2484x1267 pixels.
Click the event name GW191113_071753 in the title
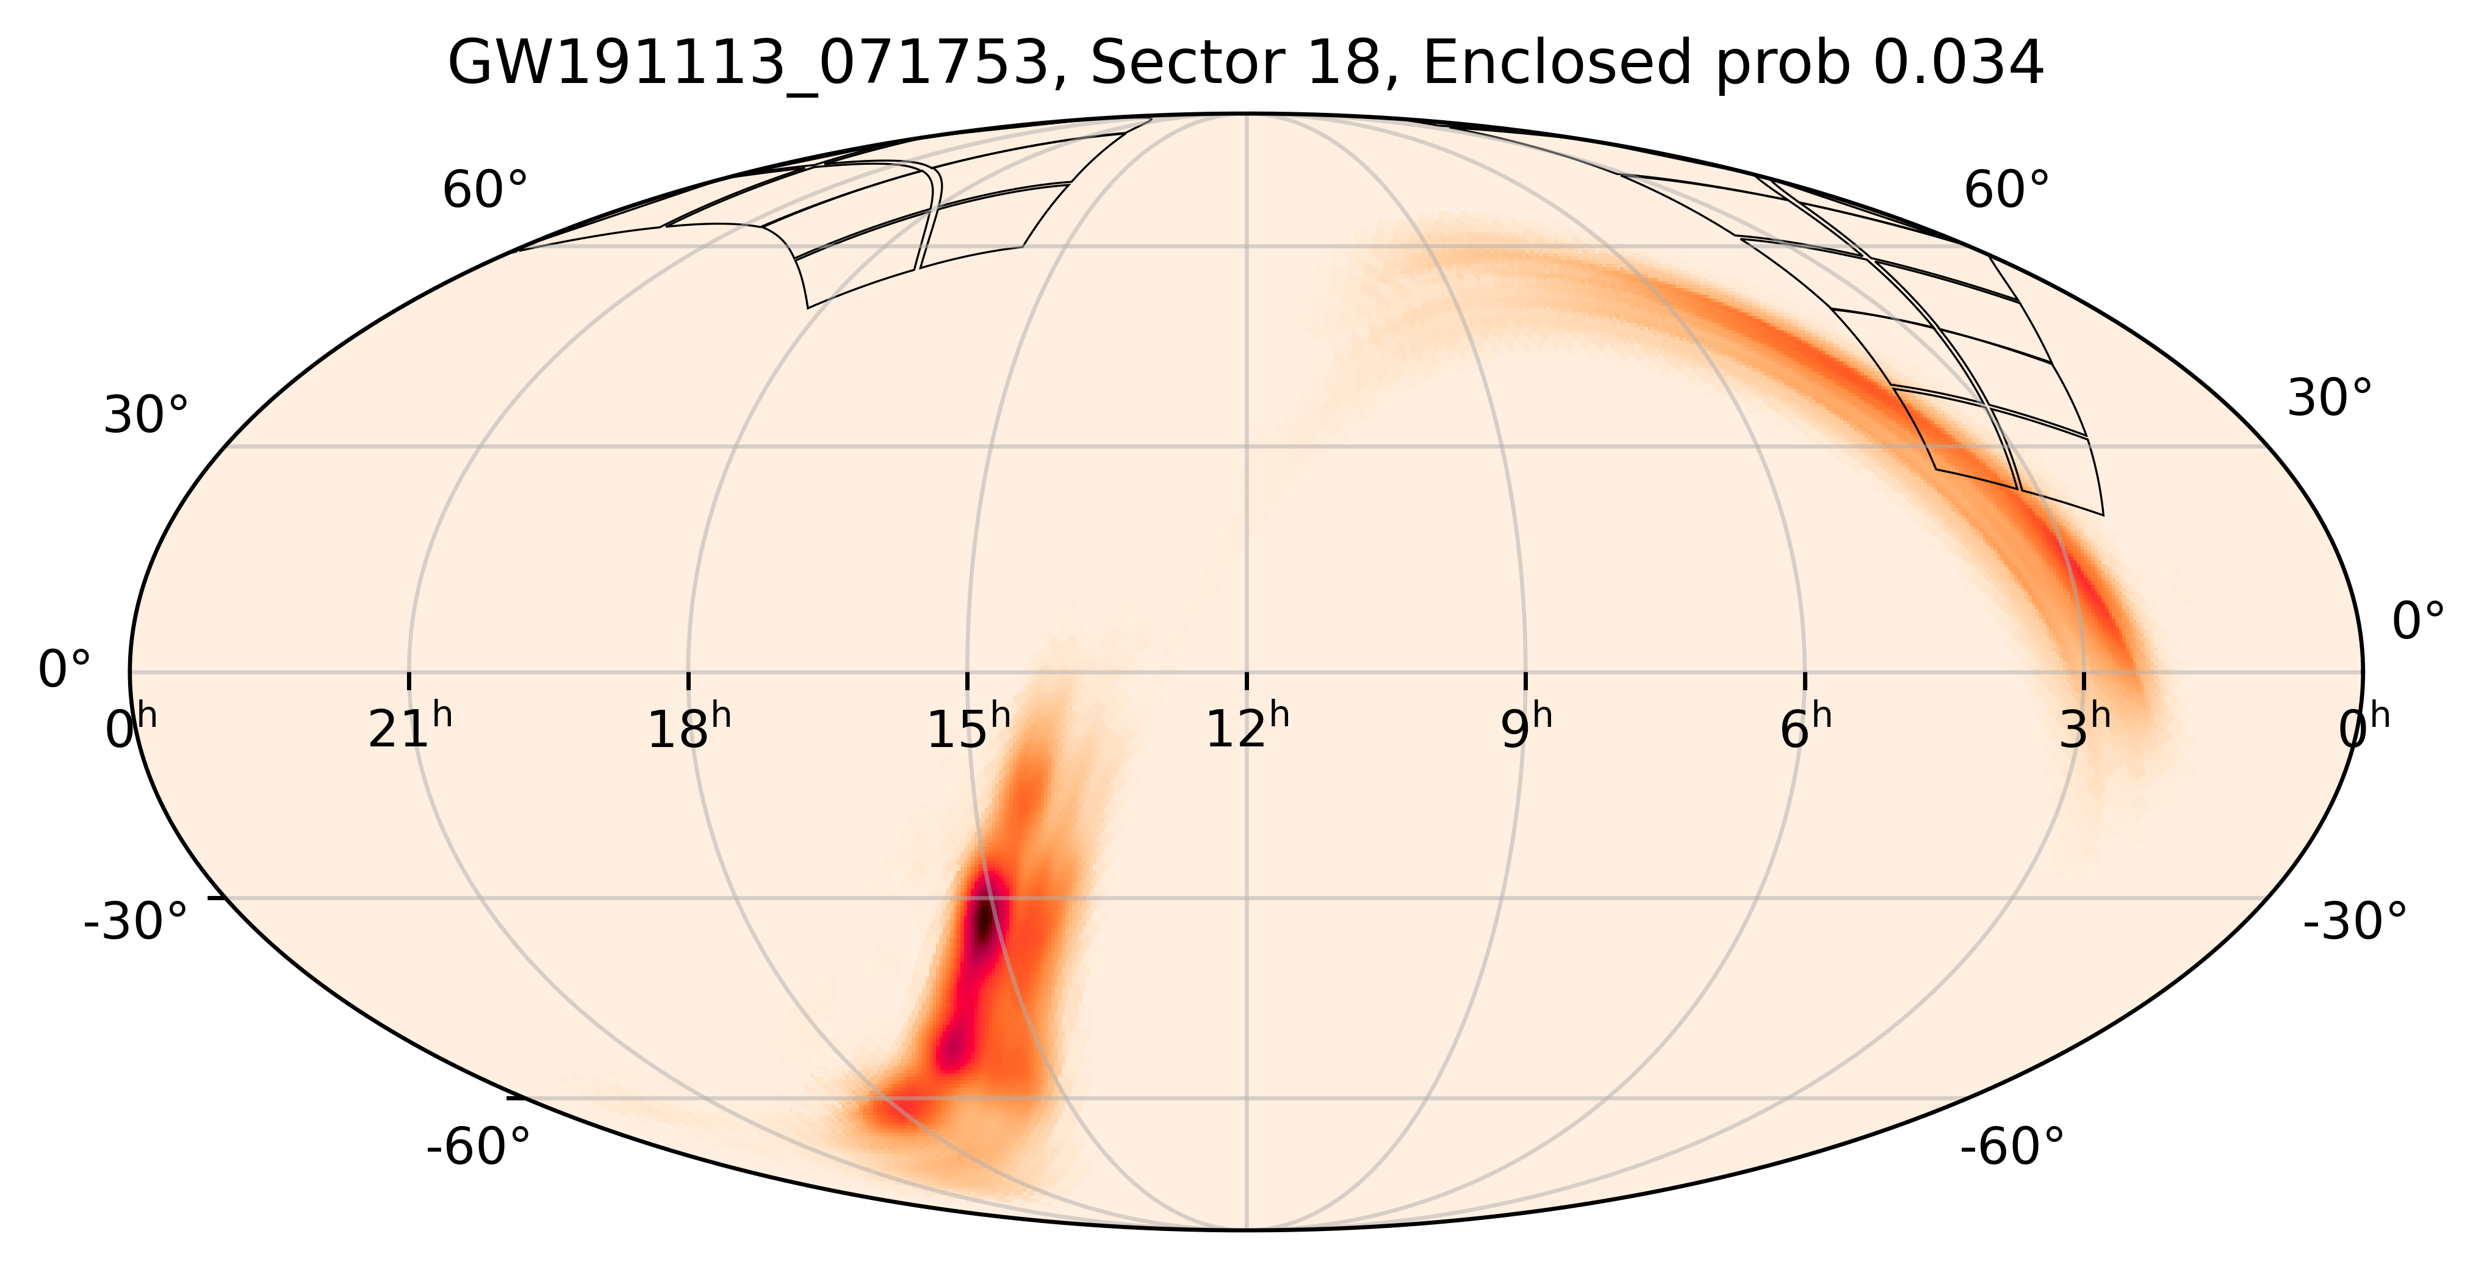click(x=747, y=65)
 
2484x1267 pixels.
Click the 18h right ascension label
click(x=688, y=728)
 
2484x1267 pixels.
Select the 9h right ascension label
click(x=1527, y=728)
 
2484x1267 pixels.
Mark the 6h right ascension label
click(x=1805, y=728)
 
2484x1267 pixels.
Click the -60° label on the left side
click(x=478, y=1147)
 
